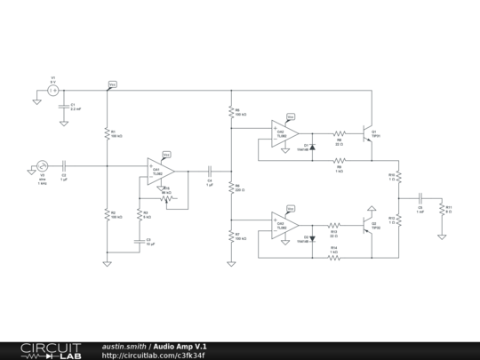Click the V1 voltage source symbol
tap(52, 91)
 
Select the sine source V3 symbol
tap(42, 165)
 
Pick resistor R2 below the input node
tap(107, 215)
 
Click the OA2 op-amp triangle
tap(286, 132)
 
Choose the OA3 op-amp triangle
tap(286, 225)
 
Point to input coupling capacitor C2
tap(65, 166)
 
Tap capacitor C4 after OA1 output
tap(210, 168)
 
